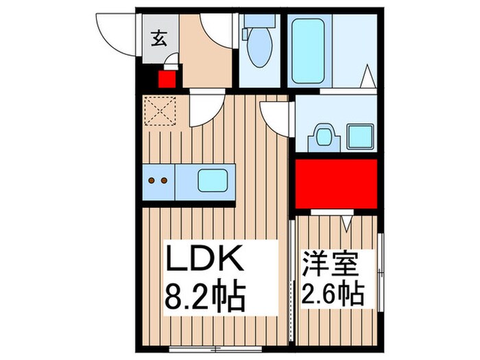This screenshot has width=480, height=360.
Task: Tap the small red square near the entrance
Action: point(167,79)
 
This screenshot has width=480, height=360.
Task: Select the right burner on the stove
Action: point(165,181)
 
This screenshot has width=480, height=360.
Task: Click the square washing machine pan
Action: point(359,136)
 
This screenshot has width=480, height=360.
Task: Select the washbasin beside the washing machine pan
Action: point(323,136)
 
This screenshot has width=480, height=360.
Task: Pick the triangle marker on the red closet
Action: point(347,222)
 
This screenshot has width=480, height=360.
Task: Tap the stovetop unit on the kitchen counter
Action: point(159,181)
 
